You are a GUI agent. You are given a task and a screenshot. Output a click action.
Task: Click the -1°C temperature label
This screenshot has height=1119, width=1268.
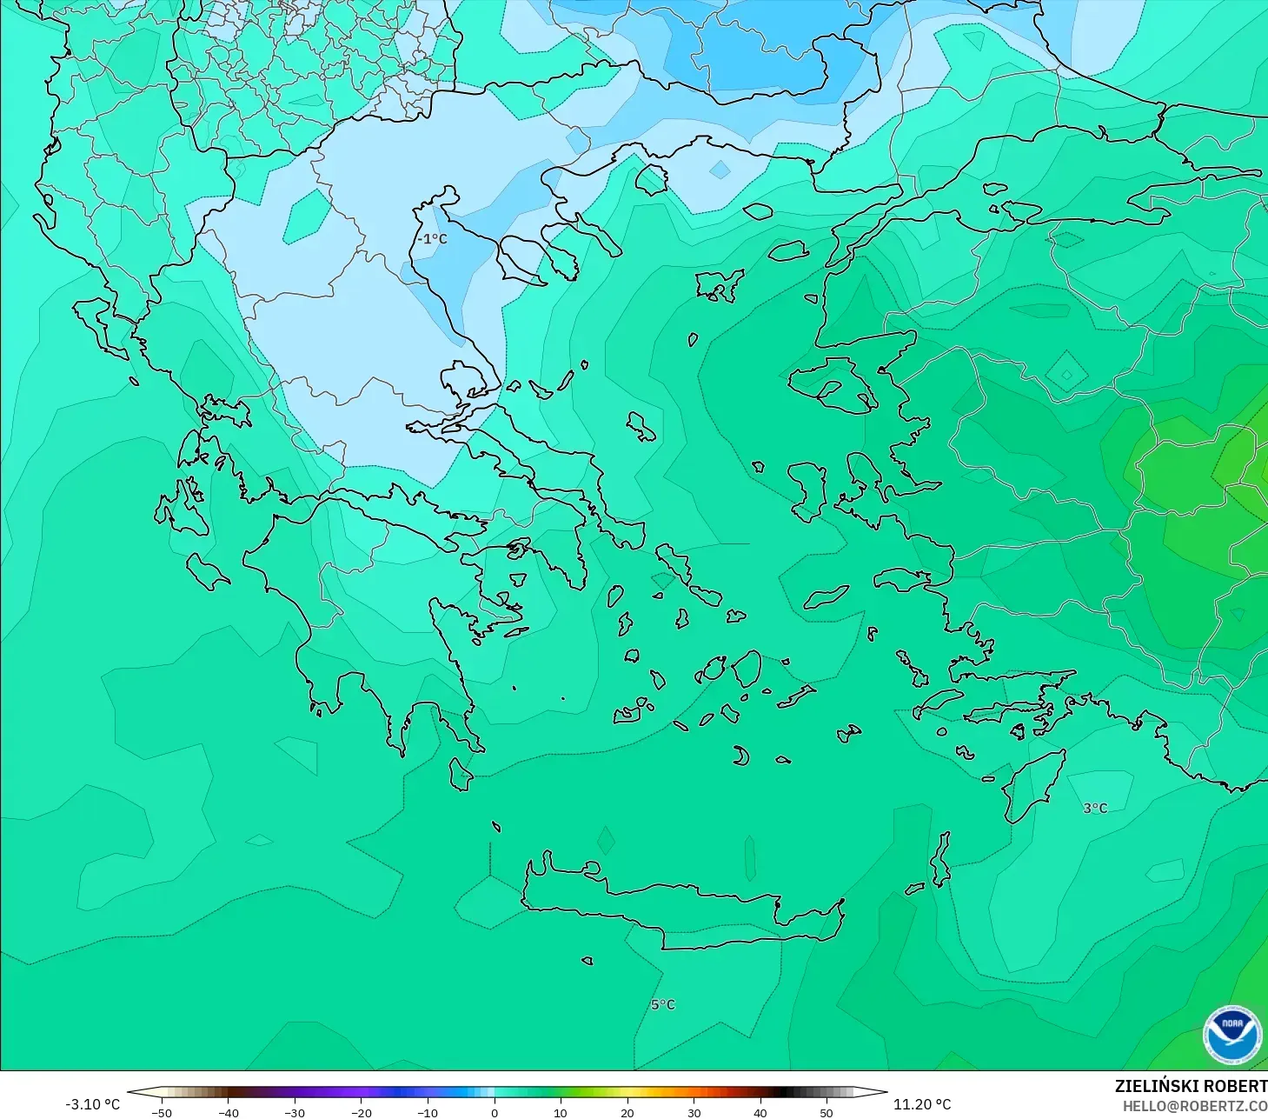(x=432, y=239)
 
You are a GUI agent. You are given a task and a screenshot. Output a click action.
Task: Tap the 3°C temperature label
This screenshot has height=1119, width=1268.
(x=1095, y=808)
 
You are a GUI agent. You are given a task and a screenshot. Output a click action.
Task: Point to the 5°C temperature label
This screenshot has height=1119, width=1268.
(x=662, y=1004)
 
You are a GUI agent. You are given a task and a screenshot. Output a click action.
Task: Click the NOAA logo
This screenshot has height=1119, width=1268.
(x=1231, y=1035)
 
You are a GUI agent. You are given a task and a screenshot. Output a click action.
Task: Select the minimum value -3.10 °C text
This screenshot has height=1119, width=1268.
(x=93, y=1104)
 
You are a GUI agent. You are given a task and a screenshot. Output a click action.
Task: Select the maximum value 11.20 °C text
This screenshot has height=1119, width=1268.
(x=922, y=1104)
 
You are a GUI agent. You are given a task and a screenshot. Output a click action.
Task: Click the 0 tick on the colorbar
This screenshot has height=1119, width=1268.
(x=495, y=1112)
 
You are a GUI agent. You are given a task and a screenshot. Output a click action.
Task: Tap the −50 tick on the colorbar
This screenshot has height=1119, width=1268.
(x=161, y=1112)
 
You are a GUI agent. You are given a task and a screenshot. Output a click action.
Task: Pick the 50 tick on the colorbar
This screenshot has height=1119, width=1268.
(x=827, y=1112)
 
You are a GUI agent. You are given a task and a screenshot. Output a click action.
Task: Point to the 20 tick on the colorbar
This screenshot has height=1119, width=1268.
(x=627, y=1112)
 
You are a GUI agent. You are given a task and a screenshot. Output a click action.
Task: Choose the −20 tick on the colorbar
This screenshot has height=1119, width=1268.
(x=361, y=1112)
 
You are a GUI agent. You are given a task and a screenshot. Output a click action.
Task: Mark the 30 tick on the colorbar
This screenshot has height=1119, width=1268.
(x=694, y=1112)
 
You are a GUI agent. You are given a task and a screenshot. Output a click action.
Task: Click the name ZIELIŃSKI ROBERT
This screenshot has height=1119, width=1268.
(x=1191, y=1086)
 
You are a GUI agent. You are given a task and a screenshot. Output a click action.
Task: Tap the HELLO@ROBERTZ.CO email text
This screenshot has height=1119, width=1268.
(x=1194, y=1106)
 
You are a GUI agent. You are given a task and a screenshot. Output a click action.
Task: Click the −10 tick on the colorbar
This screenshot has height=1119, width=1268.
(x=427, y=1112)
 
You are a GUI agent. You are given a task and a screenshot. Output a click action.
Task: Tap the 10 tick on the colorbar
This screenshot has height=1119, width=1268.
(x=561, y=1112)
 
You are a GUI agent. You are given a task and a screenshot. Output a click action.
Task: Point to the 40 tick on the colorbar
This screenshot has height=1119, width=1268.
(x=760, y=1112)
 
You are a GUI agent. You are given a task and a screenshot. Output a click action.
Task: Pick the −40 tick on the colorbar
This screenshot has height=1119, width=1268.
(x=228, y=1112)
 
